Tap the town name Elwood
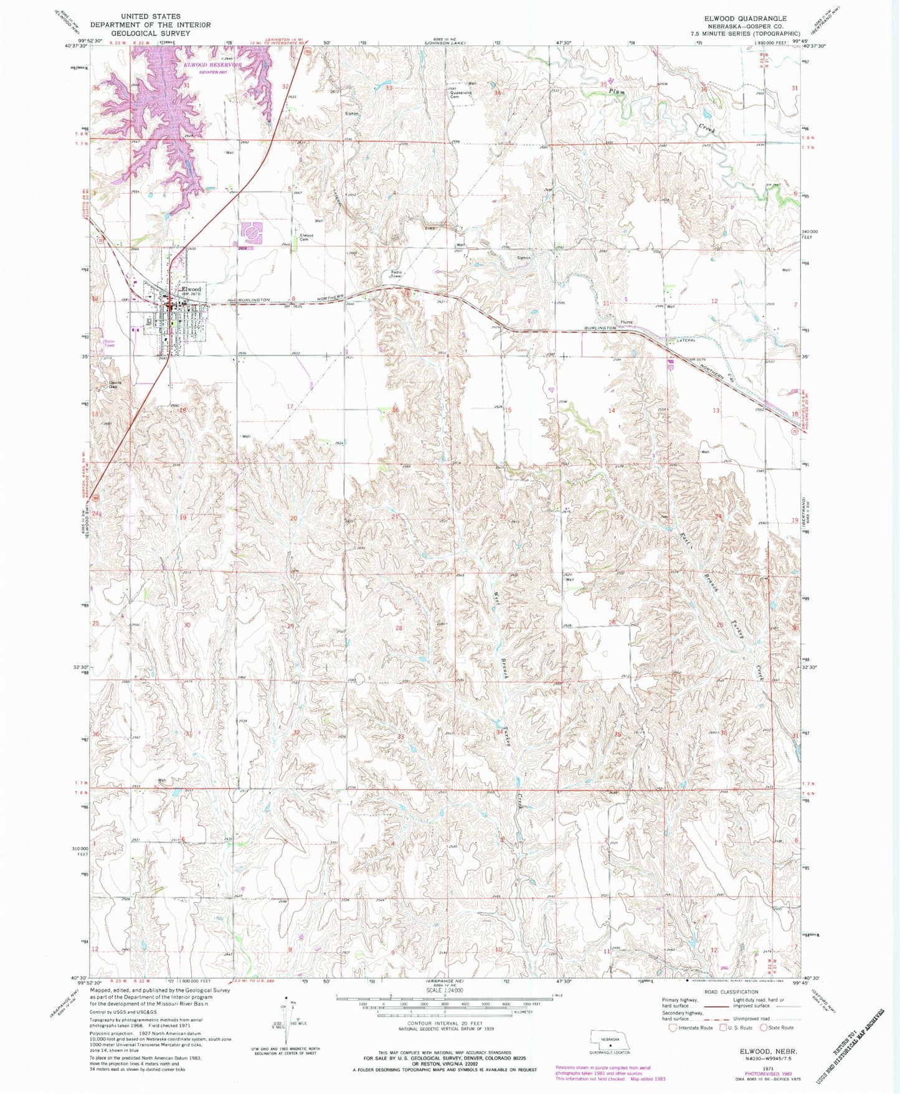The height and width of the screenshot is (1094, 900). tap(191, 290)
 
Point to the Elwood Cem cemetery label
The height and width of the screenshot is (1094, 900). tap(306, 237)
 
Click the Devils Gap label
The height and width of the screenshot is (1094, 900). tap(113, 384)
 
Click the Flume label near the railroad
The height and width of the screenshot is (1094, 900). tap(626, 322)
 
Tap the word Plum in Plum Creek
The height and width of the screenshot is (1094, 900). tap(617, 92)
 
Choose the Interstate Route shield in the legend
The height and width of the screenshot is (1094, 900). tap(673, 1027)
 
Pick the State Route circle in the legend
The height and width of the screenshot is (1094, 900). tap(764, 1027)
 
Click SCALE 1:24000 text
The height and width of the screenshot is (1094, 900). tap(444, 990)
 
